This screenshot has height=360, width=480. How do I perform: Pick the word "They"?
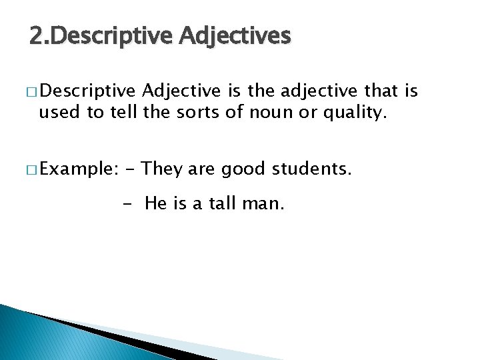[163, 169]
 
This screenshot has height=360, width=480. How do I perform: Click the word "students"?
[310, 169]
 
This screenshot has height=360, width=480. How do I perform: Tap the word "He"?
[155, 204]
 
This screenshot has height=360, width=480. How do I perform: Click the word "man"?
[265, 204]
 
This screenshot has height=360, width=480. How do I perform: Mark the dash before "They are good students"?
[129, 170]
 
